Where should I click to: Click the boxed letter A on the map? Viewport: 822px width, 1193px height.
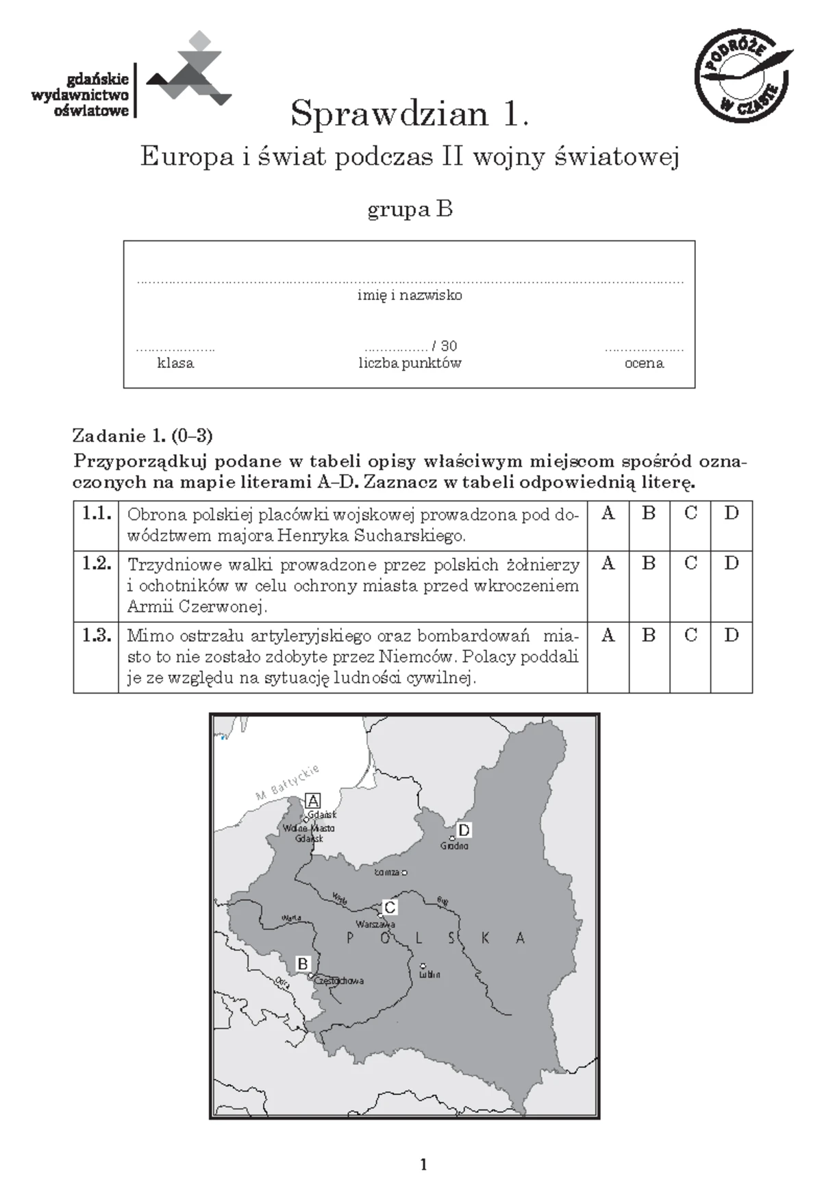tap(313, 800)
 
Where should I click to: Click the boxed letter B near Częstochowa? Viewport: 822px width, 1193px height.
tap(303, 964)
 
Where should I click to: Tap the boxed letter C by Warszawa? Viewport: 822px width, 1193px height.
tap(389, 908)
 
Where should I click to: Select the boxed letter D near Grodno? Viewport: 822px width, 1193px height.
tap(464, 831)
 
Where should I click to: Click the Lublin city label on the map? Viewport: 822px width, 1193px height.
tap(429, 974)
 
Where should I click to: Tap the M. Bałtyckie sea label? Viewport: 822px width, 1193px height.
tap(288, 783)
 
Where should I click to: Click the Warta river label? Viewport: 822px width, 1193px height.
tap(291, 918)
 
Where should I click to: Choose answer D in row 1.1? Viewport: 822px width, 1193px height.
tap(731, 513)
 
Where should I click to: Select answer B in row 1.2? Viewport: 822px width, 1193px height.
tap(648, 563)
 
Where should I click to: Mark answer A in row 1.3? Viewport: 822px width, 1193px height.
tap(608, 635)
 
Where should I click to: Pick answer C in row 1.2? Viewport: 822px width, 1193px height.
tap(690, 563)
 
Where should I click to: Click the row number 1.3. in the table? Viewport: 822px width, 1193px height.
tap(96, 635)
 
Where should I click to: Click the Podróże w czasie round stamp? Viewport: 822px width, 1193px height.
tap(743, 77)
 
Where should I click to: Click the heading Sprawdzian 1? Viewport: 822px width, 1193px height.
tap(410, 114)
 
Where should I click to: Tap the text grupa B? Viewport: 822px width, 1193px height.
tap(410, 209)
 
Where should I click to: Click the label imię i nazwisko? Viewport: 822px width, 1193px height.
tap(410, 295)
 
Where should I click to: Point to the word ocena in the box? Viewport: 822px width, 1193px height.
tap(644, 363)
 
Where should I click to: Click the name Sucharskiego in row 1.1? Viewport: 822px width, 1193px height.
tap(409, 535)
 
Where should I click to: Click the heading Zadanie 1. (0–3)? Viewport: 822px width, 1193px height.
tap(142, 436)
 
